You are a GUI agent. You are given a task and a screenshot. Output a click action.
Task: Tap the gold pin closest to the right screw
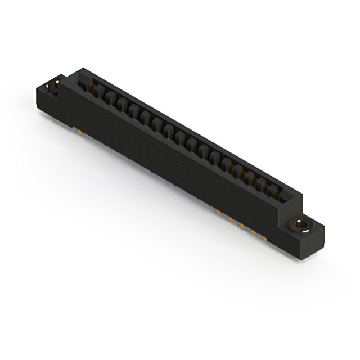267,238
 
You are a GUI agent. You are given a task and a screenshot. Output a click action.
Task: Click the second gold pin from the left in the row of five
231,219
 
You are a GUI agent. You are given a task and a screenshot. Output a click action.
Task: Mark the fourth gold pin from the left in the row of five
255,232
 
